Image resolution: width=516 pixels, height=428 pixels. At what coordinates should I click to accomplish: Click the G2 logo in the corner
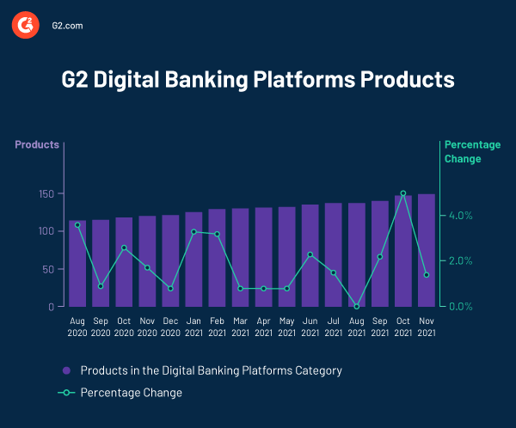pyautogui.click(x=26, y=26)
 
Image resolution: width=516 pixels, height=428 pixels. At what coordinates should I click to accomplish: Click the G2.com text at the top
pyautogui.click(x=67, y=26)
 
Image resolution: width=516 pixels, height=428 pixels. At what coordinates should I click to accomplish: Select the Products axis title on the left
pyautogui.click(x=37, y=144)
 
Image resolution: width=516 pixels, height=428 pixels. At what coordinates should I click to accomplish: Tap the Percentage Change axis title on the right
pyautogui.click(x=472, y=151)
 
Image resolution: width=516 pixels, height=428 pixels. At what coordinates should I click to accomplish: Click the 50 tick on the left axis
pyautogui.click(x=48, y=269)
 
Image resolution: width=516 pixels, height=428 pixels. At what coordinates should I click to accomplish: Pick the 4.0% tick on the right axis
pyautogui.click(x=462, y=216)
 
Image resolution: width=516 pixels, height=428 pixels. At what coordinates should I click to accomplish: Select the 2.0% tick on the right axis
pyautogui.click(x=462, y=261)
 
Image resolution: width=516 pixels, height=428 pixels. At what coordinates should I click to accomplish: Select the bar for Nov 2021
pyautogui.click(x=426, y=250)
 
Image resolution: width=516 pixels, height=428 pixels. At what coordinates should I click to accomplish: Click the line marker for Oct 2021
pyautogui.click(x=402, y=193)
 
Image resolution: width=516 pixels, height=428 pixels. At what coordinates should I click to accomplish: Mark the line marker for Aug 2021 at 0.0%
pyautogui.click(x=356, y=306)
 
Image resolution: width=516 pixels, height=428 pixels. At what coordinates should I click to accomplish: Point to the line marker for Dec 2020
pyautogui.click(x=170, y=288)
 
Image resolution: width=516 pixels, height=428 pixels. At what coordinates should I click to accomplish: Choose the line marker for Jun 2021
pyautogui.click(x=310, y=254)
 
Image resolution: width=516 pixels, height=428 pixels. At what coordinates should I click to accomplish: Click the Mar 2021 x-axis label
pyautogui.click(x=240, y=326)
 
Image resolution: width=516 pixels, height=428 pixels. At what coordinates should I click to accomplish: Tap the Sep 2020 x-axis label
pyautogui.click(x=101, y=326)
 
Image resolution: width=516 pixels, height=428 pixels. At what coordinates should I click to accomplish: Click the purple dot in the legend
pyautogui.click(x=66, y=371)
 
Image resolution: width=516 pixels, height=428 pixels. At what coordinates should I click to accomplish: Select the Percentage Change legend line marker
pyautogui.click(x=66, y=393)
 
